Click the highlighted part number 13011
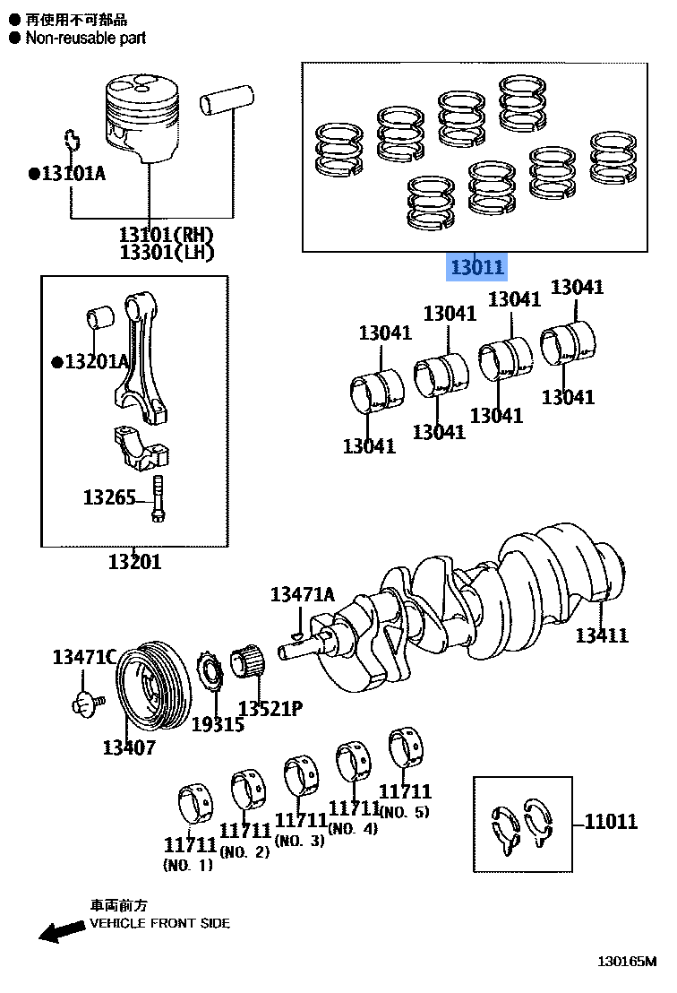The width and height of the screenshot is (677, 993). pyautogui.click(x=477, y=267)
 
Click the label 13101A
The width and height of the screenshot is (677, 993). pyautogui.click(x=72, y=173)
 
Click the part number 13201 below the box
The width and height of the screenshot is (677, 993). pyautogui.click(x=134, y=562)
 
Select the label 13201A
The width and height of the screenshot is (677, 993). pyautogui.click(x=96, y=362)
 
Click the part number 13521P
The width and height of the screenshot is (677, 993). pyautogui.click(x=270, y=709)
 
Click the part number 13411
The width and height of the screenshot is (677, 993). pyautogui.click(x=601, y=635)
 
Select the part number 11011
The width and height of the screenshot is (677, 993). pyautogui.click(x=611, y=822)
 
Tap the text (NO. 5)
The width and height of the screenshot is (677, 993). pyautogui.click(x=404, y=813)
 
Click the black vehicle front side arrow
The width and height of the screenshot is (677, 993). pyautogui.click(x=61, y=932)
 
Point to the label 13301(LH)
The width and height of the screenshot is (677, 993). pyautogui.click(x=167, y=253)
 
